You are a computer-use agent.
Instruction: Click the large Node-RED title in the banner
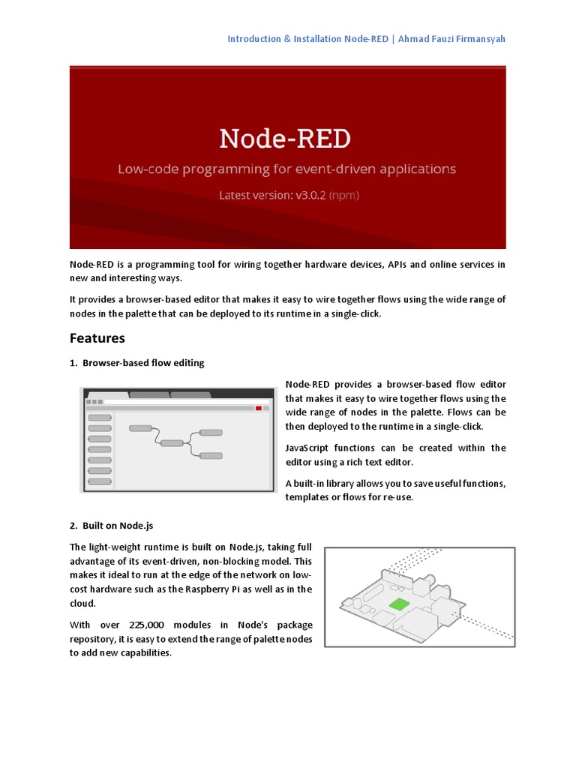[x=285, y=139]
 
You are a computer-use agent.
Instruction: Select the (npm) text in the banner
[x=346, y=195]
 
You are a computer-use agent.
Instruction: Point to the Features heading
[x=97, y=337]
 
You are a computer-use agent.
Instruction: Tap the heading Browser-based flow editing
[x=142, y=363]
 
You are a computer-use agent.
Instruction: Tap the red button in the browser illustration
[x=259, y=408]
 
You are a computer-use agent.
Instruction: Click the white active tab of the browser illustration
[x=106, y=394]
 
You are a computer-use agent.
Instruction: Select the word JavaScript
[x=309, y=448]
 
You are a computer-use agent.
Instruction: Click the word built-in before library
[x=310, y=482]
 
